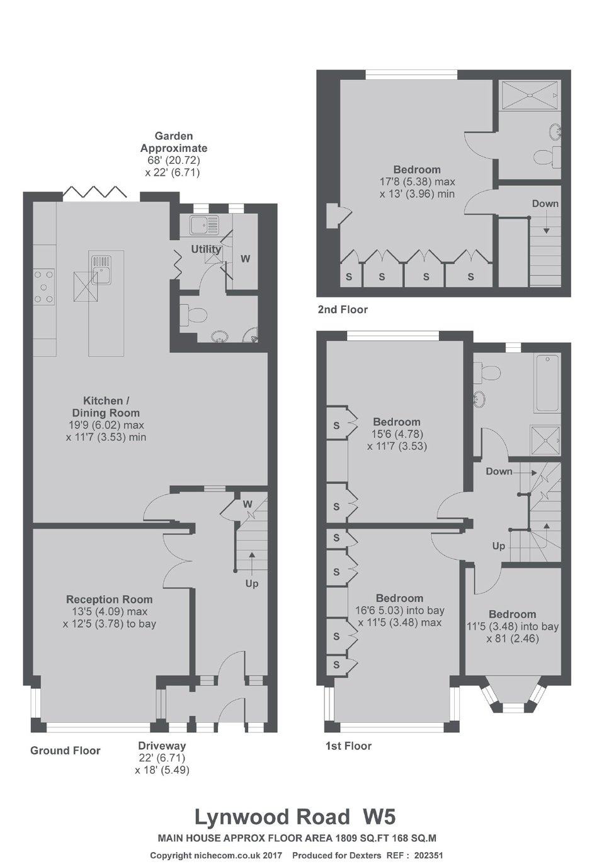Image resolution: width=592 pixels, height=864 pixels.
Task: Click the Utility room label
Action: pyautogui.click(x=206, y=249)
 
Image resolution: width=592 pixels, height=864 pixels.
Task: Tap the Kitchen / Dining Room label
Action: pyautogui.click(x=106, y=406)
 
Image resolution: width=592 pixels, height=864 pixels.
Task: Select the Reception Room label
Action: pyautogui.click(x=110, y=599)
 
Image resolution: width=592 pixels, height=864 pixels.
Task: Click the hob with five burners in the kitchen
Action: pyautogui.click(x=43, y=287)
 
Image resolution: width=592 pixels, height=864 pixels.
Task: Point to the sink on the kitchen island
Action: pyautogui.click(x=102, y=270)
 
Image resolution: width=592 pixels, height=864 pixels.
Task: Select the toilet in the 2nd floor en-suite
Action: pyautogui.click(x=548, y=156)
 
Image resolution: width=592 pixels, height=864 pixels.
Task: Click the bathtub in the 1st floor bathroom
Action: pyautogui.click(x=547, y=383)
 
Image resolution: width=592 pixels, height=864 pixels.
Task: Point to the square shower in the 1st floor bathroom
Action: pyautogui.click(x=545, y=440)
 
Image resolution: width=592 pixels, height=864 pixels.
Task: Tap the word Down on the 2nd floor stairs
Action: pyautogui.click(x=545, y=204)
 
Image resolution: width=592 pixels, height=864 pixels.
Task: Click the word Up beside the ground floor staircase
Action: pyautogui.click(x=252, y=584)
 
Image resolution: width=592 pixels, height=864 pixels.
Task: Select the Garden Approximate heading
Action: pyautogui.click(x=173, y=142)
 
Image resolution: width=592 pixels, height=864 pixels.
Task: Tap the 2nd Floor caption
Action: pyautogui.click(x=343, y=309)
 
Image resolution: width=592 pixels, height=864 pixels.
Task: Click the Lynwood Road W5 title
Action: pyautogui.click(x=295, y=817)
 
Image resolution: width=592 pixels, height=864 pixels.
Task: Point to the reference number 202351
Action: pyautogui.click(x=429, y=856)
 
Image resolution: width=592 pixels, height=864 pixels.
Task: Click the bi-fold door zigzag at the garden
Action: pyautogui.click(x=95, y=192)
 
